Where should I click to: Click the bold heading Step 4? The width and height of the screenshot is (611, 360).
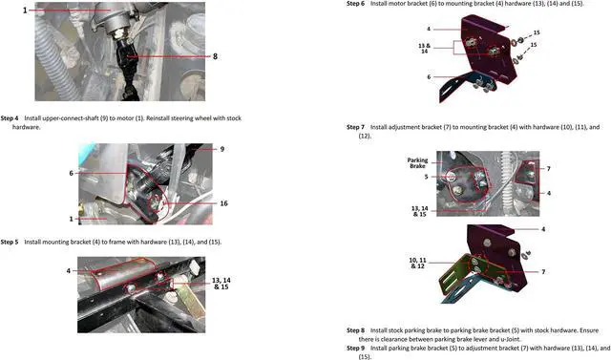point(10,117)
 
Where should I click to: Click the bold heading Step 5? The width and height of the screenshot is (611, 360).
point(10,243)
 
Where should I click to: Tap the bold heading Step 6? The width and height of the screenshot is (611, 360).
point(355,4)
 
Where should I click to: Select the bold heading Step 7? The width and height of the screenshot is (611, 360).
point(355,127)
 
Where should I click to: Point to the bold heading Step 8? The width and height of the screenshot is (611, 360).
point(355,329)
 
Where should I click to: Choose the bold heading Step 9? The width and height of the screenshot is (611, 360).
point(355,348)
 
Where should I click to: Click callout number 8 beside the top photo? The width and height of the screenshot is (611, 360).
point(216,56)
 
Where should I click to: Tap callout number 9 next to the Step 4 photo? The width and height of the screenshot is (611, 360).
point(221,149)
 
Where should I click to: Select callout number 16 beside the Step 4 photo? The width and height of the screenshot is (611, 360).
point(222,203)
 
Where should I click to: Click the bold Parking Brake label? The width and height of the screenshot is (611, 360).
point(418,163)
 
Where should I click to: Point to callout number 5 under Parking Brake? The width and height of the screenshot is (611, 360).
point(425,177)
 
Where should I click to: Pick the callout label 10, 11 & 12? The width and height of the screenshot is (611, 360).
point(418,263)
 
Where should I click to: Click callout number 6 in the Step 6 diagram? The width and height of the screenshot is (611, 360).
point(429,77)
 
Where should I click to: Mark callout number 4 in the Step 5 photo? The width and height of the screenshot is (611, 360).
point(68,271)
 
